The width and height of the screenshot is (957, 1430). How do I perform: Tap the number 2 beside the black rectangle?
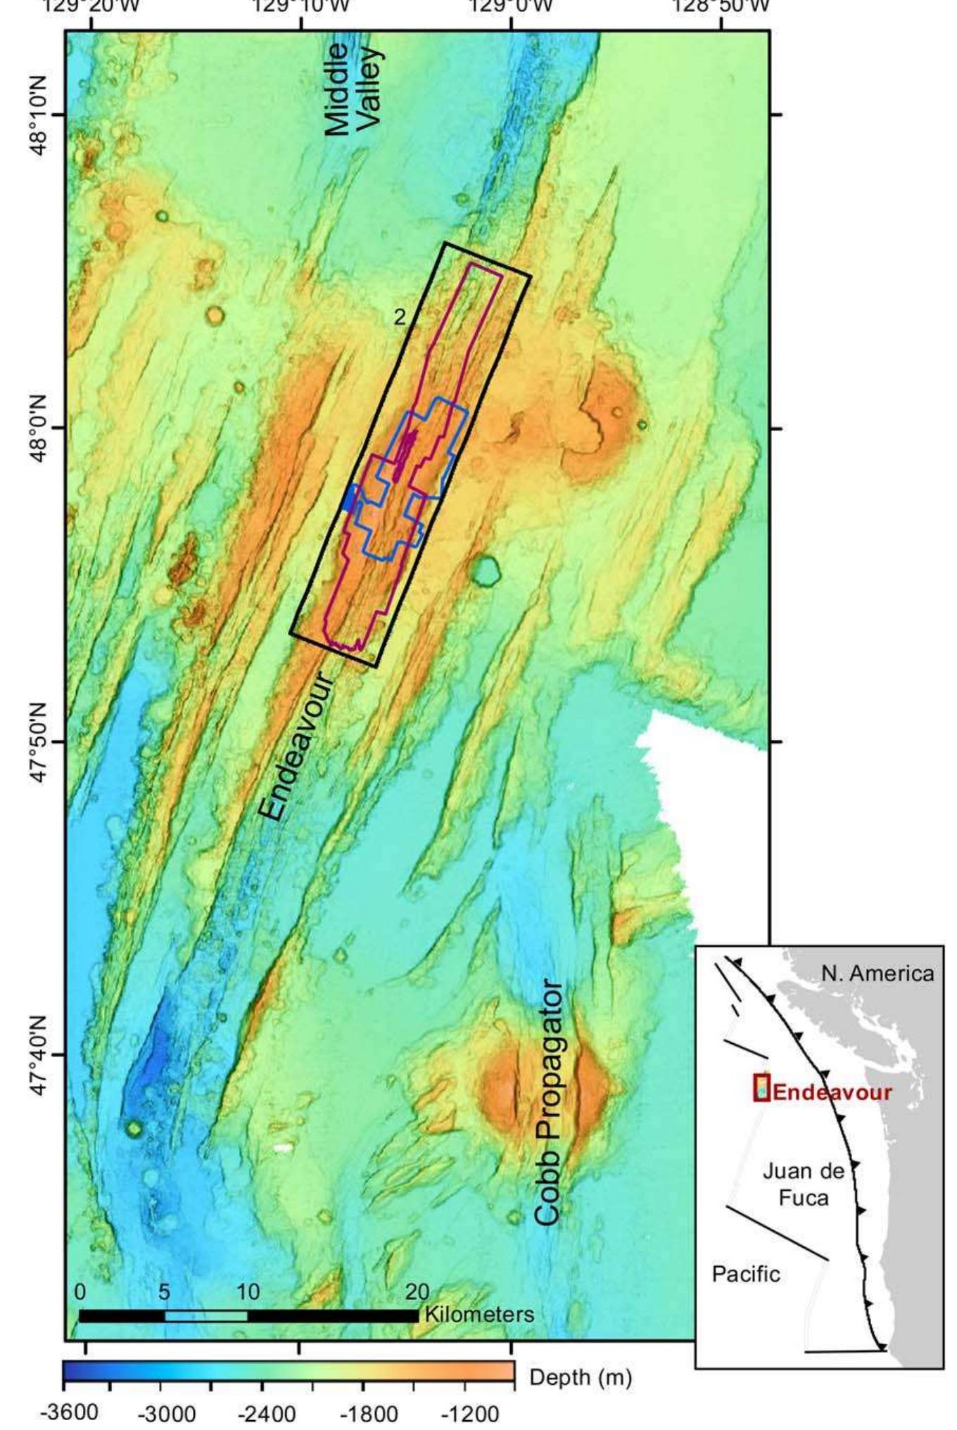pos(399,318)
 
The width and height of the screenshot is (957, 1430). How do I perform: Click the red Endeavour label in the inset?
pos(832,1092)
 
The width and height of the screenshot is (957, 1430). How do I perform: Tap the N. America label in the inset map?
pos(877,974)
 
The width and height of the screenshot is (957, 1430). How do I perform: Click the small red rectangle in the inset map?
pos(762,1087)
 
